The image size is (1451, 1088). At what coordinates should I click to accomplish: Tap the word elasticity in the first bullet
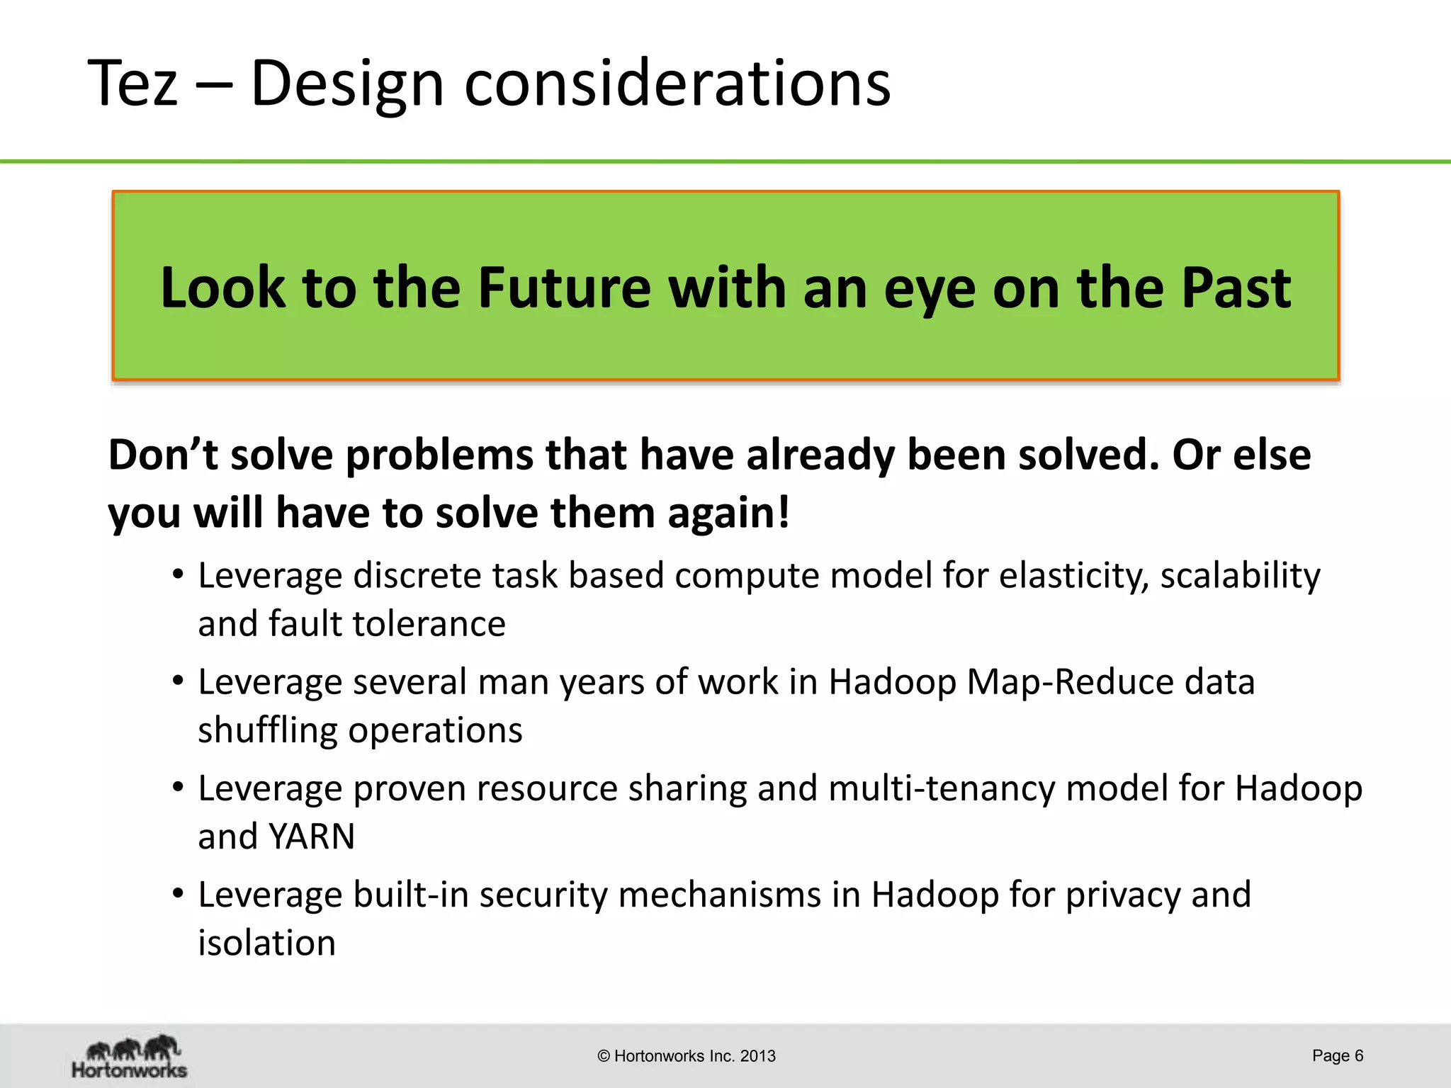pos(1074,575)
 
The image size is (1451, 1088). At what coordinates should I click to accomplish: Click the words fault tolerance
pos(387,624)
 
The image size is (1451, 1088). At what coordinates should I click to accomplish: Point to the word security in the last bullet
pos(543,895)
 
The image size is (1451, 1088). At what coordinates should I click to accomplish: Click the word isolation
pos(266,943)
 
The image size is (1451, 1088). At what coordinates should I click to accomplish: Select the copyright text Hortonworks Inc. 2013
pos(687,1056)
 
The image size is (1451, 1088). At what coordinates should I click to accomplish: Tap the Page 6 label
pos(1337,1055)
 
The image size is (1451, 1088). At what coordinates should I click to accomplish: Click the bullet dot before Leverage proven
pos(179,787)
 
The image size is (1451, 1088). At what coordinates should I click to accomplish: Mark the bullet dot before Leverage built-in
pos(179,893)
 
